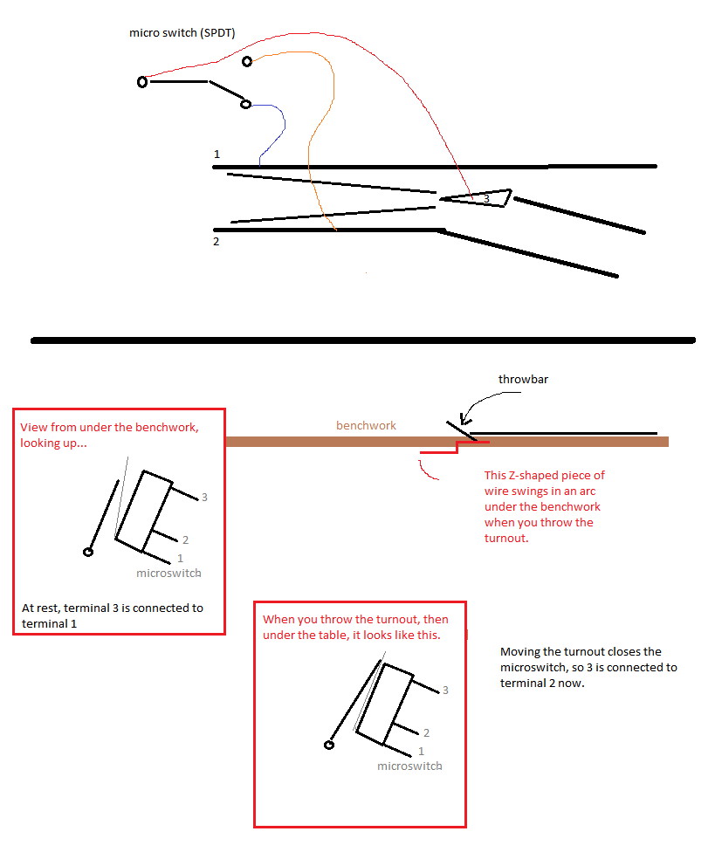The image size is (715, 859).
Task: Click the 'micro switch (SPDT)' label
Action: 182,33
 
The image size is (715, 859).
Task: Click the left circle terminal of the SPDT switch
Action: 142,82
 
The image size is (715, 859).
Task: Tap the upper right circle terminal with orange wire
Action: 247,61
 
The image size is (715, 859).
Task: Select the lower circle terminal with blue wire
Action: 245,104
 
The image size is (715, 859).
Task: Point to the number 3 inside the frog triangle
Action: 486,199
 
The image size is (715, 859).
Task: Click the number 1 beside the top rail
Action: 217,154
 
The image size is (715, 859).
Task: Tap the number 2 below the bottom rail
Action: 217,242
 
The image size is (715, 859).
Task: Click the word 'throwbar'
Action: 523,379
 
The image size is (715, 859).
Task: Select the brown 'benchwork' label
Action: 366,426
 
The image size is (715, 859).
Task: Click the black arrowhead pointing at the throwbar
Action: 464,420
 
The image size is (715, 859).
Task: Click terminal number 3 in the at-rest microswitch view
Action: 204,498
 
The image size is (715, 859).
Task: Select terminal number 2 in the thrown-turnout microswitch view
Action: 426,733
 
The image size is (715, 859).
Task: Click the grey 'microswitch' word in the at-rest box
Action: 168,573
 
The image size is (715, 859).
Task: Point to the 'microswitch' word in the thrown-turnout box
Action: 409,766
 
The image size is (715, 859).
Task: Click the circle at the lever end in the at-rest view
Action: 87,552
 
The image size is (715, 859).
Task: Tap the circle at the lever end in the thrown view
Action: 329,745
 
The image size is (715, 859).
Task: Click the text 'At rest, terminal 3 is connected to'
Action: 113,608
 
